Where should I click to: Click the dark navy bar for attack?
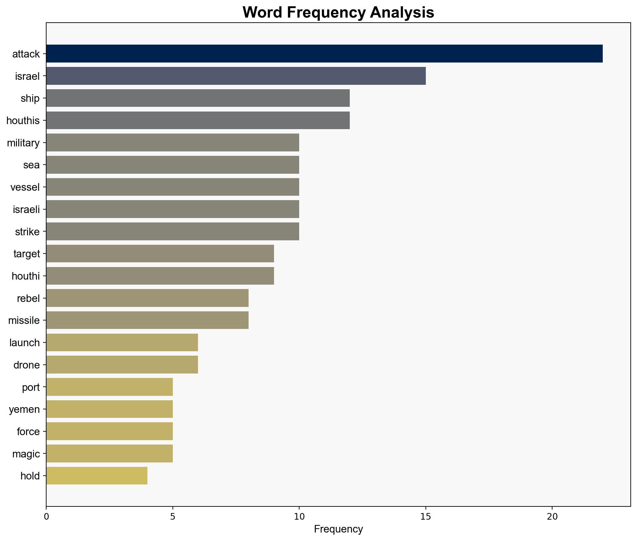click(x=324, y=54)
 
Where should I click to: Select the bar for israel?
click(x=236, y=76)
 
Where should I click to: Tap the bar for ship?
click(x=198, y=98)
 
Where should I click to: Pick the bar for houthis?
click(x=198, y=120)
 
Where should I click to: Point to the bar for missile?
click(x=147, y=320)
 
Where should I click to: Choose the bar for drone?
click(x=122, y=365)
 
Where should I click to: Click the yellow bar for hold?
click(x=97, y=476)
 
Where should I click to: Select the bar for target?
click(x=160, y=254)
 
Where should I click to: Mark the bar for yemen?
click(x=109, y=409)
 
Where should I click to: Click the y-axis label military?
click(x=23, y=143)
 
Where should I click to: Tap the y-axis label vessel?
click(x=25, y=187)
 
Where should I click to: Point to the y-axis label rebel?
click(x=28, y=298)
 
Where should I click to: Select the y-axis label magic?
click(x=26, y=454)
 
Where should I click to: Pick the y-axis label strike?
click(x=27, y=232)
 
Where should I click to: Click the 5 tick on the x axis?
click(x=173, y=517)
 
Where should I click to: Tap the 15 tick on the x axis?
click(x=426, y=517)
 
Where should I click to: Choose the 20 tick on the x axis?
click(x=552, y=517)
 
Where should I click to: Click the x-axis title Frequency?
click(x=338, y=529)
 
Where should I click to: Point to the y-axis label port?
click(x=31, y=387)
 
